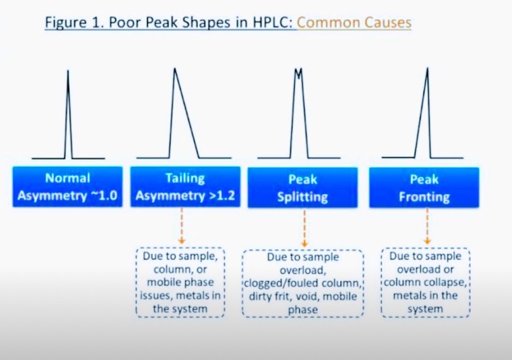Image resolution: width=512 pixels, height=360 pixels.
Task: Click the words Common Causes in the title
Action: (354, 22)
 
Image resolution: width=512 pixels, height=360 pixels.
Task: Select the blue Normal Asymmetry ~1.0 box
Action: (67, 187)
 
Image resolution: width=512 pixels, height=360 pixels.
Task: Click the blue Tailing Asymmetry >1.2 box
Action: (186, 187)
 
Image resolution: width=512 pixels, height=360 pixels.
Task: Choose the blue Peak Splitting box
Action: (303, 187)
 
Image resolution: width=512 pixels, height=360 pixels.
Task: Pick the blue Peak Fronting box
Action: (424, 187)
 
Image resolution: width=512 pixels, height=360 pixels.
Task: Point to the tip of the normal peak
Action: (68, 71)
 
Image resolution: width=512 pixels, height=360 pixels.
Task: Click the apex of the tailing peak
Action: (175, 68)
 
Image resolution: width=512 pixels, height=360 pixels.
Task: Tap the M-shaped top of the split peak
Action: (298, 73)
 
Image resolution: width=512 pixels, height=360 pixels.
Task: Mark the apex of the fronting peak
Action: (427, 68)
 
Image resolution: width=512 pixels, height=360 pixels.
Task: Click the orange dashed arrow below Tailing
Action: (182, 226)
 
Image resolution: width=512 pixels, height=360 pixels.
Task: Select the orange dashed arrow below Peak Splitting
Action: (304, 228)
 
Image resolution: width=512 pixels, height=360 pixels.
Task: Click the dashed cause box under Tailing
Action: (181, 283)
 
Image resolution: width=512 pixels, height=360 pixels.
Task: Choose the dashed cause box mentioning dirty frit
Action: (303, 283)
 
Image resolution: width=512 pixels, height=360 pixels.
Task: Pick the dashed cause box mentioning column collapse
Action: (425, 283)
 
